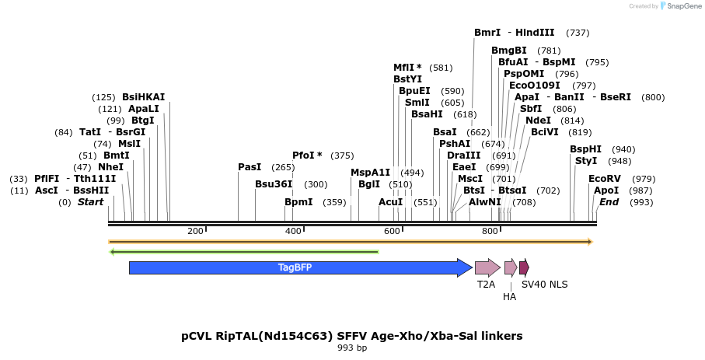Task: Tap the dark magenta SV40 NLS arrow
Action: coord(525,267)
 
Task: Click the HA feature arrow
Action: coord(510,267)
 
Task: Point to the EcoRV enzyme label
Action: coord(605,179)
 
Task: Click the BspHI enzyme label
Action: coord(585,149)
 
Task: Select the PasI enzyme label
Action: coord(250,167)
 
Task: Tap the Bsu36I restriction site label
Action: coord(274,184)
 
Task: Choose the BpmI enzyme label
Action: coord(298,202)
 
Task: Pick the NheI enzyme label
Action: coord(110,167)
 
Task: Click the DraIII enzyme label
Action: coord(463,156)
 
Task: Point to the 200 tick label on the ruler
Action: coord(195,231)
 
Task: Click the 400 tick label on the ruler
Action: coord(293,231)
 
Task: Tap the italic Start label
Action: coord(90,202)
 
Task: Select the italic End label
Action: coord(609,202)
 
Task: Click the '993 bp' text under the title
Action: coord(351,348)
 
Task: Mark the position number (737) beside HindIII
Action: coord(578,33)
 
